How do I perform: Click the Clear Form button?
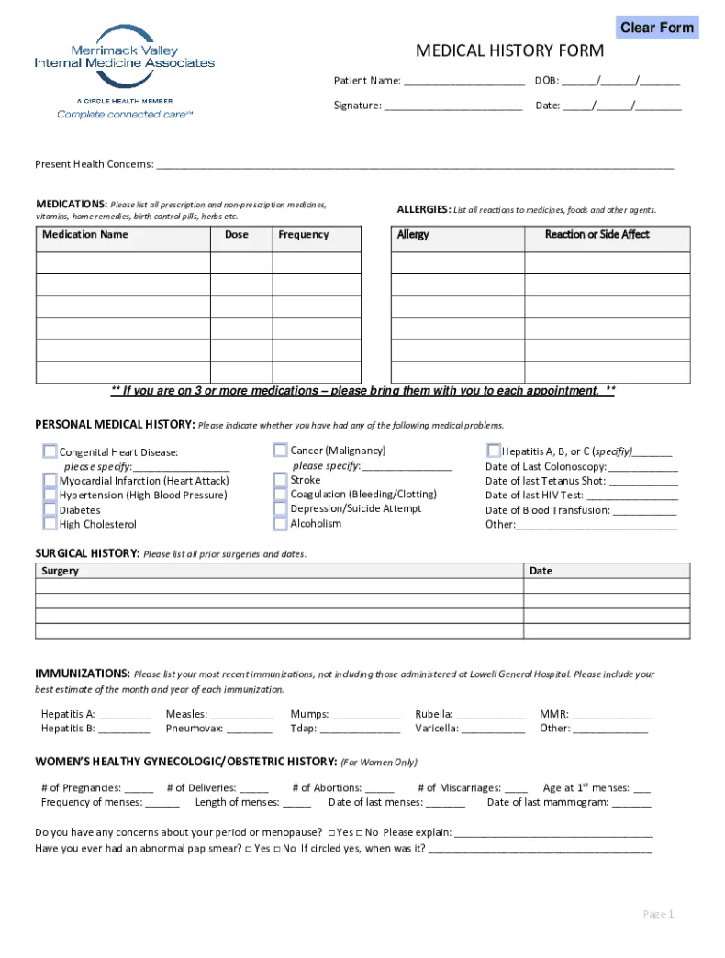(656, 28)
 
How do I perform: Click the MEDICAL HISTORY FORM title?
(509, 50)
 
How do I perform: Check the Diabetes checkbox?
(50, 509)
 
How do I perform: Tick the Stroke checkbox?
(280, 480)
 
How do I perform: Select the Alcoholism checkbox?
(280, 524)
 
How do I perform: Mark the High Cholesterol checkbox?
(50, 524)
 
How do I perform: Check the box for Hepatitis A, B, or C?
(494, 451)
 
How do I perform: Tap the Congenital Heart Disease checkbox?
(50, 451)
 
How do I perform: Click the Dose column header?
(237, 235)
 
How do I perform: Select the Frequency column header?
(304, 235)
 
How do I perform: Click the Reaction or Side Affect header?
(597, 235)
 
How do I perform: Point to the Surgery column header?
(61, 571)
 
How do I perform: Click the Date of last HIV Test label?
(534, 496)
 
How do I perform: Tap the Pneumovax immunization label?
(194, 729)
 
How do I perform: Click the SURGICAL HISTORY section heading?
(87, 553)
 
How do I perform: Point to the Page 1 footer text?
(658, 914)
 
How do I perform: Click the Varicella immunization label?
(436, 729)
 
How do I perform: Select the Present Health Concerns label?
(94, 164)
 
